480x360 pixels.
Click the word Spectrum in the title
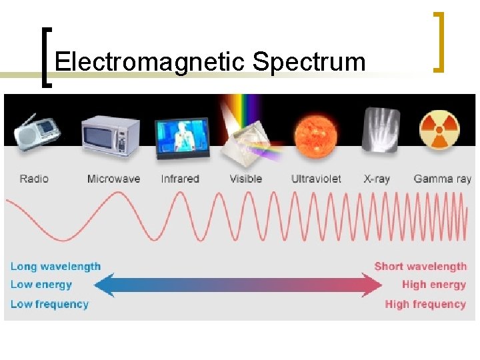309,63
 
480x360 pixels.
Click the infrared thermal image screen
182,139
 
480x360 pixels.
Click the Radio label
34,179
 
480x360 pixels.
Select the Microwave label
113,179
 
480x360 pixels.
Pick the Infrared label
180,179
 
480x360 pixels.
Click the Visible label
245,179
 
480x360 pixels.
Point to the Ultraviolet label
316,179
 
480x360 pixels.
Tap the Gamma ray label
442,179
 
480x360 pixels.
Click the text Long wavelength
55,267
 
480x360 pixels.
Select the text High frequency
425,304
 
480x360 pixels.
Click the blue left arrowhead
104,286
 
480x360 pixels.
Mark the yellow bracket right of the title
438,41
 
